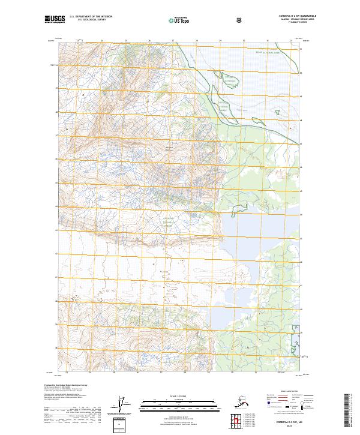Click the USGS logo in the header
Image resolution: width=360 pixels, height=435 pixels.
click(x=55, y=19)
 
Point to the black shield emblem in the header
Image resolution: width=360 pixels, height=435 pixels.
click(x=239, y=20)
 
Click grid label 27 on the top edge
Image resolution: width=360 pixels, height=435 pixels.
click(x=173, y=41)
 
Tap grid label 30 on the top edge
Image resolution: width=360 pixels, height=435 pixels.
click(x=244, y=41)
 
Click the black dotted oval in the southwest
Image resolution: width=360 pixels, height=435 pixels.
click(x=76, y=297)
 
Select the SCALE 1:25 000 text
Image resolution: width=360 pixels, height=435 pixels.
click(x=179, y=395)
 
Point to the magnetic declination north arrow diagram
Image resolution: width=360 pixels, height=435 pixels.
click(x=124, y=406)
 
